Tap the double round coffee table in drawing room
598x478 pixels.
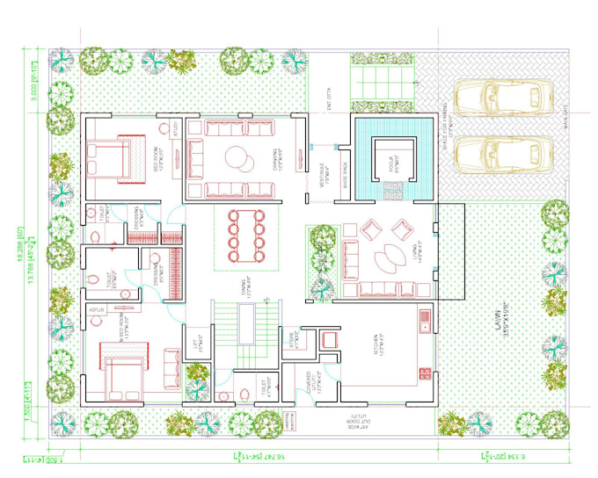click(237, 160)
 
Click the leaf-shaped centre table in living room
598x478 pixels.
click(384, 262)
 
